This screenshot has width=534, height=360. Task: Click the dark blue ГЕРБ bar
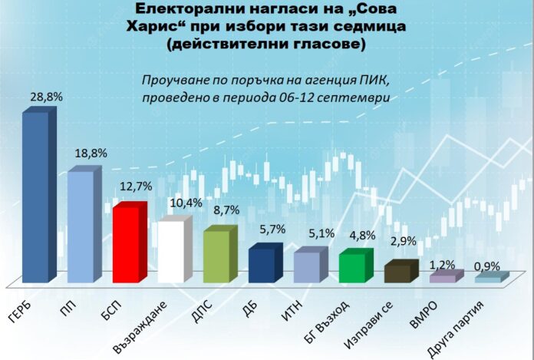[35, 196]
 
